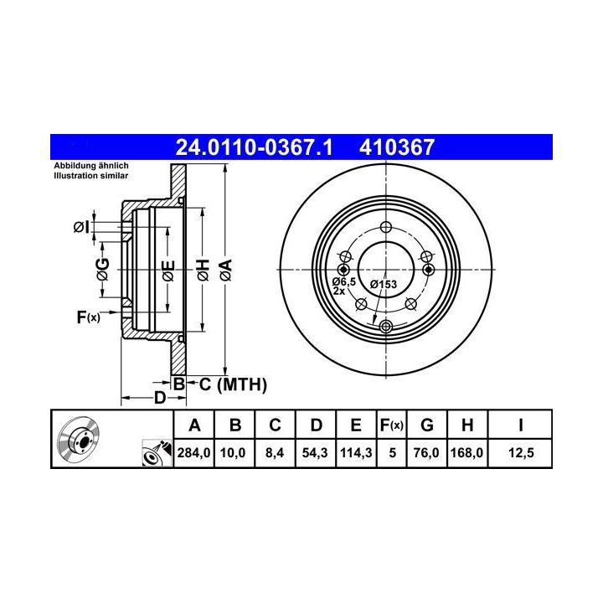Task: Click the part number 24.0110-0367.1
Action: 254,147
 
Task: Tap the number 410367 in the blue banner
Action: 397,147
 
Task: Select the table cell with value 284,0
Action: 193,452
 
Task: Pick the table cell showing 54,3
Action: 316,452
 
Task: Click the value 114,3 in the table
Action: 356,452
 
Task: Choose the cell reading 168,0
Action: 466,452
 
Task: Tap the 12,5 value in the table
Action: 521,452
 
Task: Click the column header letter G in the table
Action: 427,425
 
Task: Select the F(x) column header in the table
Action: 391,425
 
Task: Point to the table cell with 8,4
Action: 275,452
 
